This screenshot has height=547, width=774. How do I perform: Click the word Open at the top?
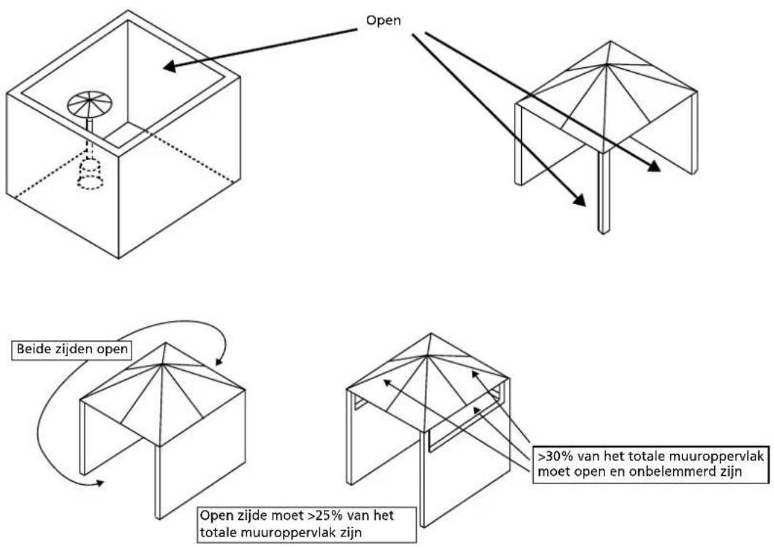(x=383, y=21)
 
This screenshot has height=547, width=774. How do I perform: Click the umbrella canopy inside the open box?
(x=90, y=104)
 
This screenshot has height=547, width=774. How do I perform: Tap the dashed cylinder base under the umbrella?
(x=91, y=173)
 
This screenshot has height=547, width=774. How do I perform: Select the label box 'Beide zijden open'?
(x=72, y=350)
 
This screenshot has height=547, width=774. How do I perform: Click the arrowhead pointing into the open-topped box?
(x=169, y=66)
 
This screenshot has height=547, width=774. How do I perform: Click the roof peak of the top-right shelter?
(x=610, y=42)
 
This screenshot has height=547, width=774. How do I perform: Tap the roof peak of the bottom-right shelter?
(x=431, y=334)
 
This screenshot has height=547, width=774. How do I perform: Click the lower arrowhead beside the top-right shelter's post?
(x=579, y=199)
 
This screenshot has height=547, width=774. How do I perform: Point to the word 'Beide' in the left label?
(x=31, y=350)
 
